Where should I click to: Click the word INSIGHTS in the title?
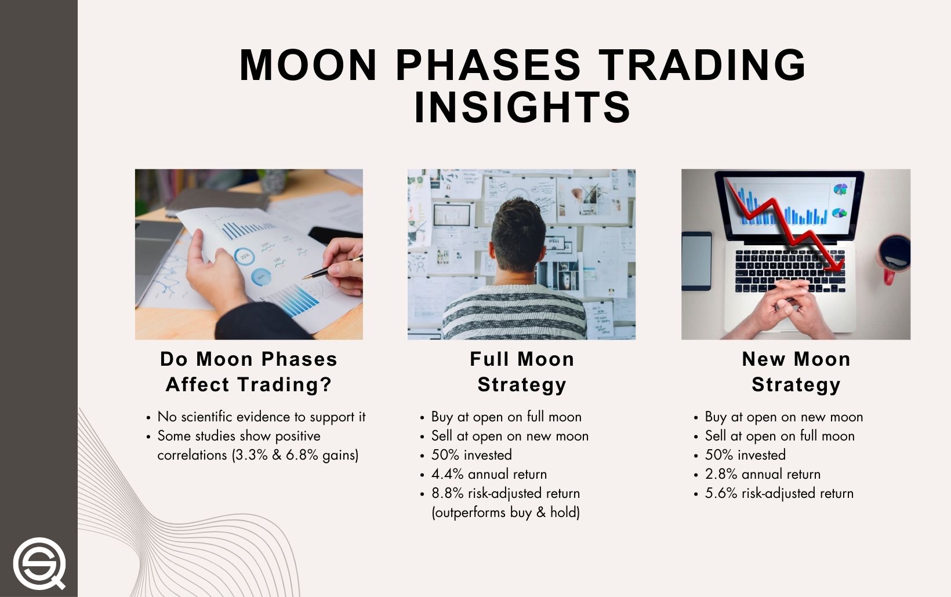tap(522, 108)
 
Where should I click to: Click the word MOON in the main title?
tap(308, 64)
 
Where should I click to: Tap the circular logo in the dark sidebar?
tap(39, 563)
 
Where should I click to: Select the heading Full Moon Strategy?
tap(522, 372)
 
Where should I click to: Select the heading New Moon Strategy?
tap(796, 372)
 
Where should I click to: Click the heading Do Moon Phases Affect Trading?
tap(249, 372)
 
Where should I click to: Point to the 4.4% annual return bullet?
tap(489, 474)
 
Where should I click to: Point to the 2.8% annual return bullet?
tap(763, 474)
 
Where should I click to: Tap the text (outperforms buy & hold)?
tap(506, 512)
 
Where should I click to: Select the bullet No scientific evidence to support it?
tap(261, 417)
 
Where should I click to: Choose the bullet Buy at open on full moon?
tap(506, 417)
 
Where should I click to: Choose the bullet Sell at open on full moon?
tap(779, 436)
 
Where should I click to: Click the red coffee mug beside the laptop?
tap(894, 255)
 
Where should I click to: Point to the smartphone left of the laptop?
tap(696, 261)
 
